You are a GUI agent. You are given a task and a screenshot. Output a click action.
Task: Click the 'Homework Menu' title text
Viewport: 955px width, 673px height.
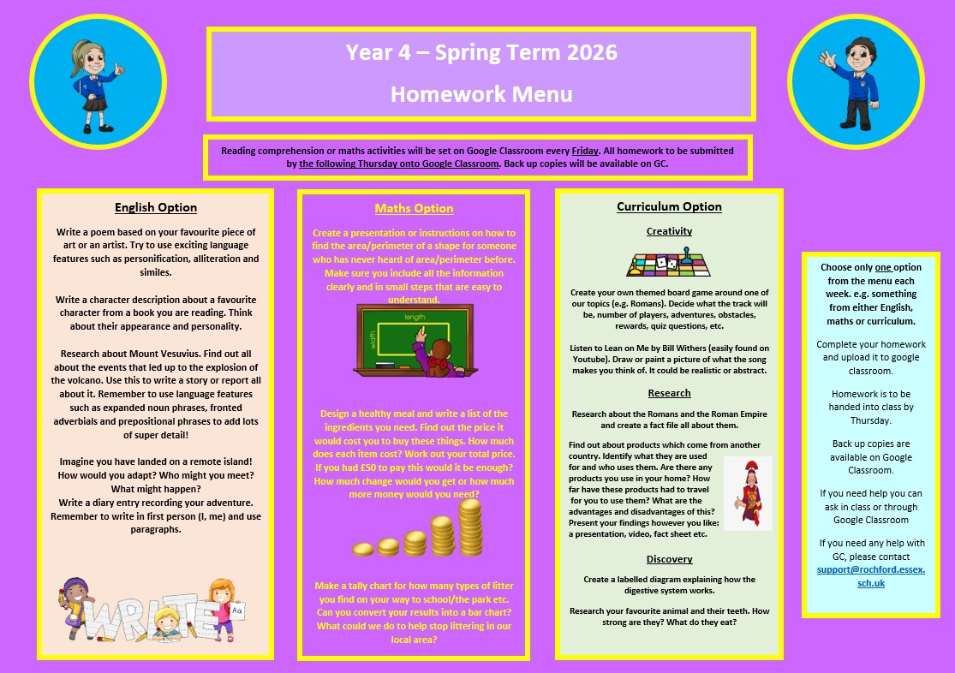coord(481,93)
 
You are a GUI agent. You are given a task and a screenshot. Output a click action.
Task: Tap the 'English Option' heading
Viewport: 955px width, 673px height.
coord(156,207)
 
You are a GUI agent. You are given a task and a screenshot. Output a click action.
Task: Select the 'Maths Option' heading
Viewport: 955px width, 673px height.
coord(414,208)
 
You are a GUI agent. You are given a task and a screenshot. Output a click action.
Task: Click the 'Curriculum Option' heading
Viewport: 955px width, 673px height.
coord(669,206)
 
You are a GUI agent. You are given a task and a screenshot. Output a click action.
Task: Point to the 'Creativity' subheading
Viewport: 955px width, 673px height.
coord(669,231)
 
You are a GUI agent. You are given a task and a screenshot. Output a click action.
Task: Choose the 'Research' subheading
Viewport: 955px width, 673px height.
coord(669,393)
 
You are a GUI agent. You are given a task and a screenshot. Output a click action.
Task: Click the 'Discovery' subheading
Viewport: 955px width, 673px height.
coord(669,559)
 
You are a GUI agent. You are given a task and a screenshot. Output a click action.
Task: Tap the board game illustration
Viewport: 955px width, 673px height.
coord(669,261)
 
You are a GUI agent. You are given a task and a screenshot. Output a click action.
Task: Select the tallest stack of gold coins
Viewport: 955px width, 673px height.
coord(470,527)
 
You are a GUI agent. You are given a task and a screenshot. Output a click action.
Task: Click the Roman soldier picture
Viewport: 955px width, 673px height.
coord(747,492)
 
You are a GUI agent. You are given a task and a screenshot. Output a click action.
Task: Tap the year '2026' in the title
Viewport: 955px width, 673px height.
coord(591,52)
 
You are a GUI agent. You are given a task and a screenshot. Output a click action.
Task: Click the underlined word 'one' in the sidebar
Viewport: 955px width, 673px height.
coord(883,267)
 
